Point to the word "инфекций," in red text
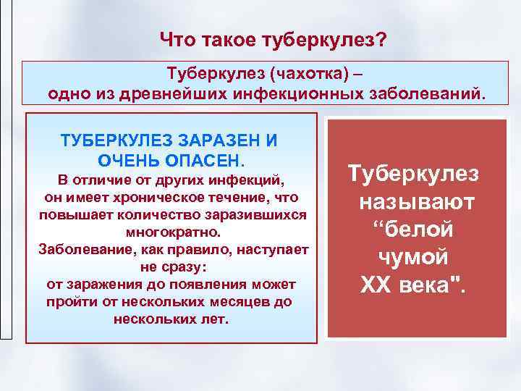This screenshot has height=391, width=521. point(249,180)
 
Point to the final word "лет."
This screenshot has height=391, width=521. point(212,319)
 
